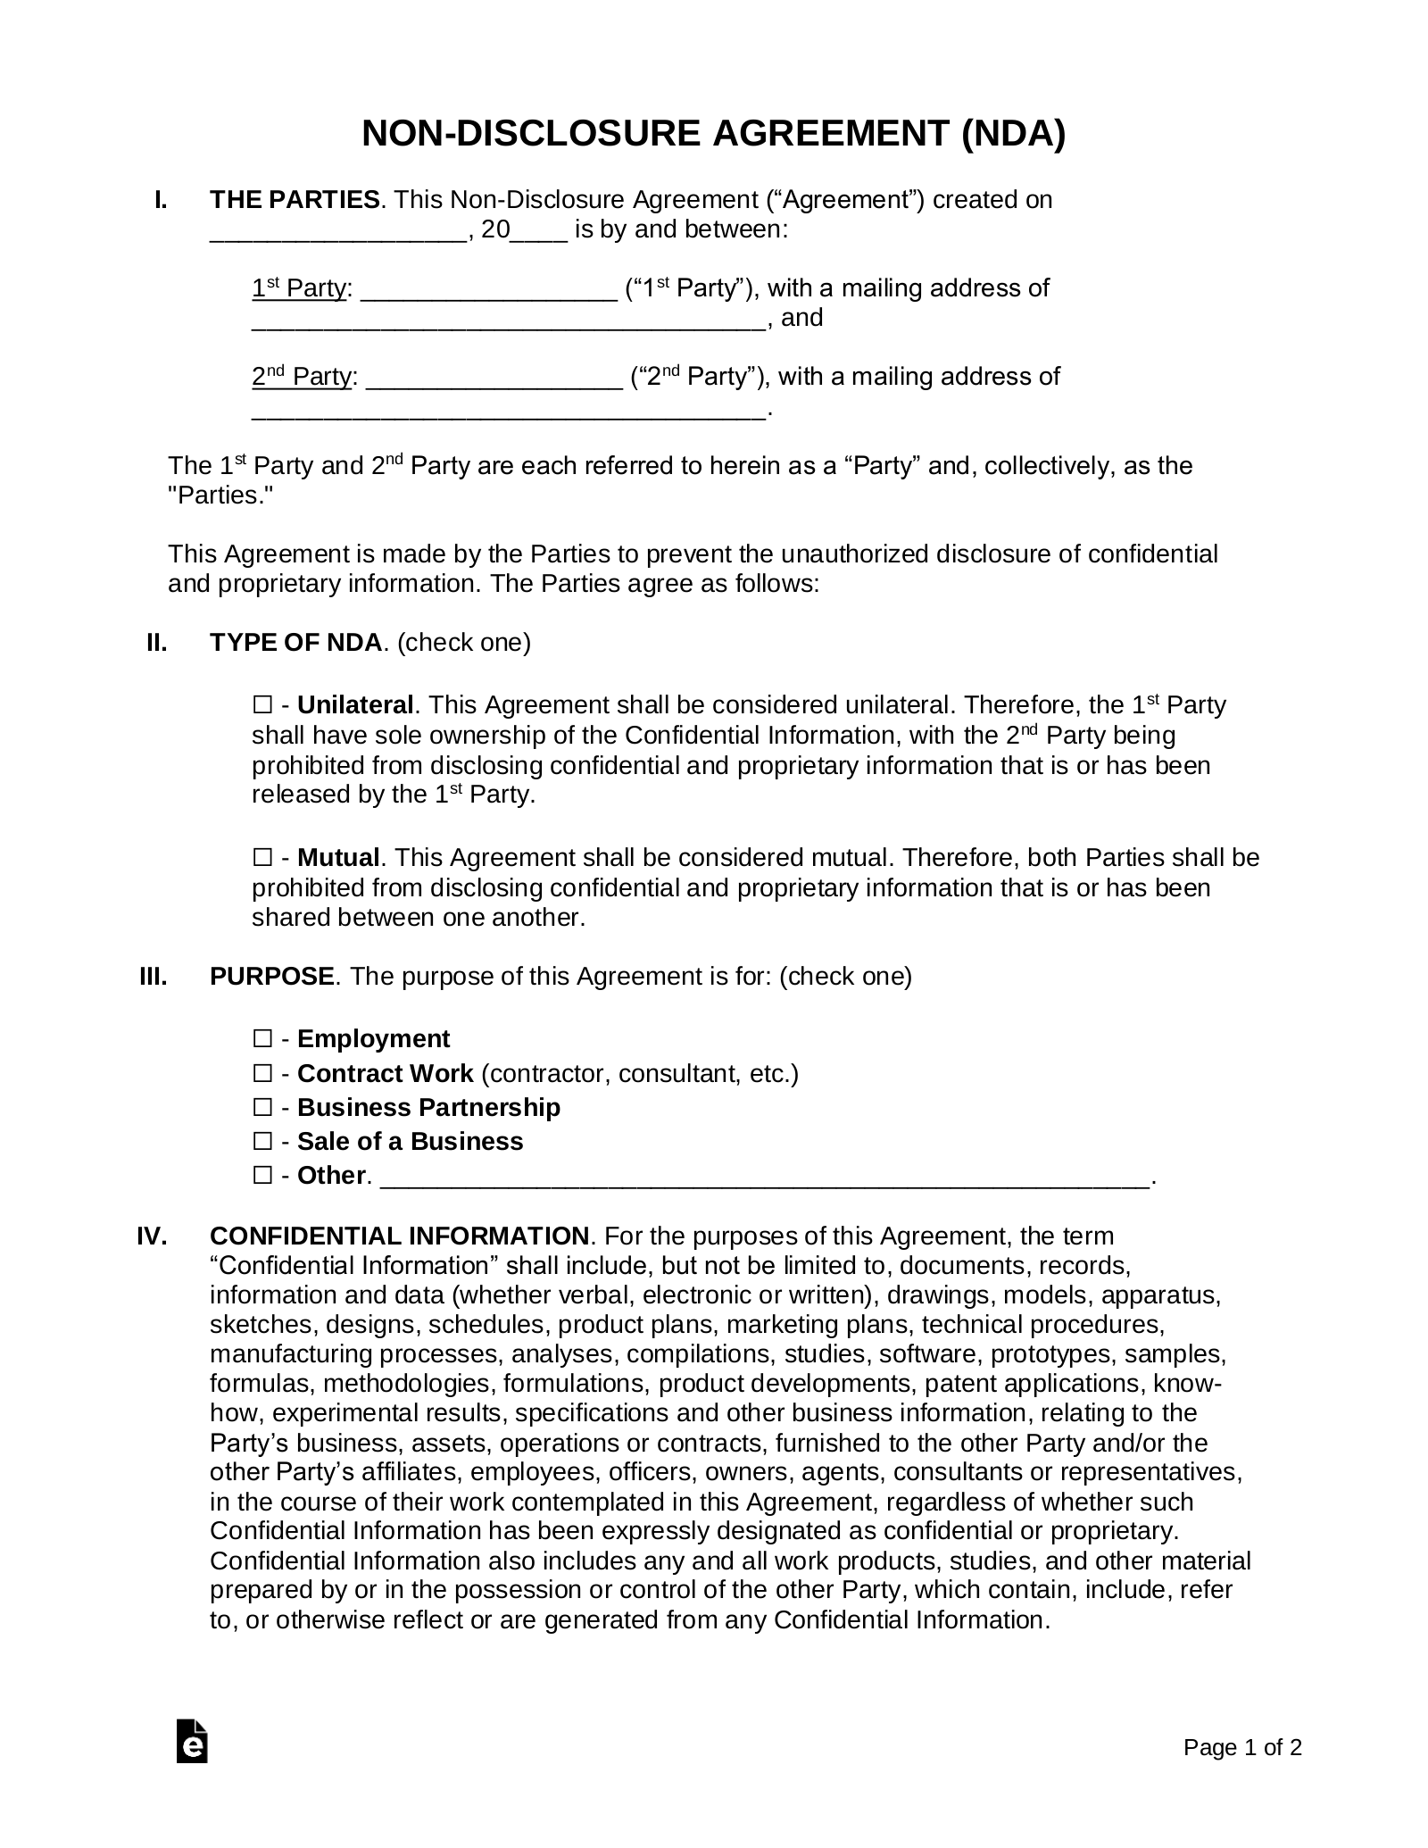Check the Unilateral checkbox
pyautogui.click(x=262, y=706)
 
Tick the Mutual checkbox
pyautogui.click(x=262, y=859)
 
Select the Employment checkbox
pyautogui.click(x=262, y=1039)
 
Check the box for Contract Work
pyautogui.click(x=262, y=1074)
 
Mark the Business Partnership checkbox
pyautogui.click(x=262, y=1108)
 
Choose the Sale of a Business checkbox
pyautogui.click(x=262, y=1142)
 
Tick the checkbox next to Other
pyautogui.click(x=262, y=1176)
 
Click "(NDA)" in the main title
pyautogui.click(x=1013, y=134)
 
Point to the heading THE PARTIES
pyautogui.click(x=295, y=200)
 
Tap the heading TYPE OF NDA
pyautogui.click(x=295, y=643)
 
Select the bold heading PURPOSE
pyautogui.click(x=271, y=977)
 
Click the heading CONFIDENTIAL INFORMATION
pyautogui.click(x=399, y=1236)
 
